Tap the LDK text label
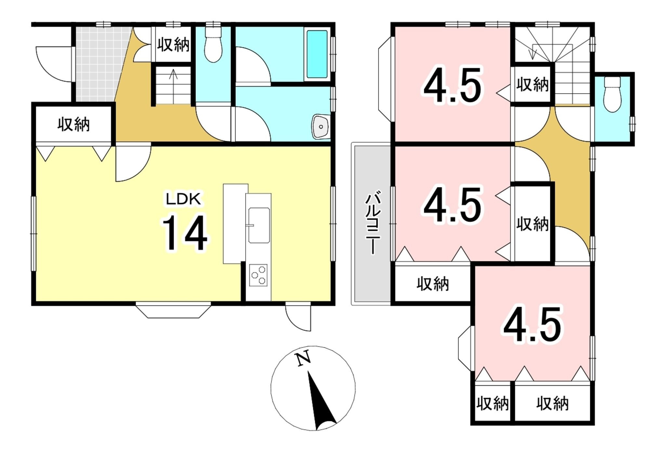(x=184, y=199)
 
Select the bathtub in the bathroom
(x=317, y=54)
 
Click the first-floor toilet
(x=213, y=44)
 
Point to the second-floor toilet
(x=612, y=95)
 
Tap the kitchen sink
(x=259, y=225)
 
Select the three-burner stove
(x=259, y=275)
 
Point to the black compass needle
(x=320, y=401)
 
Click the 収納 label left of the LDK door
(x=73, y=124)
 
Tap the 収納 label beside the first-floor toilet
(x=173, y=45)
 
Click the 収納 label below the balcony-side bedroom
(x=433, y=284)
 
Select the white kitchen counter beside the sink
(x=235, y=224)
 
